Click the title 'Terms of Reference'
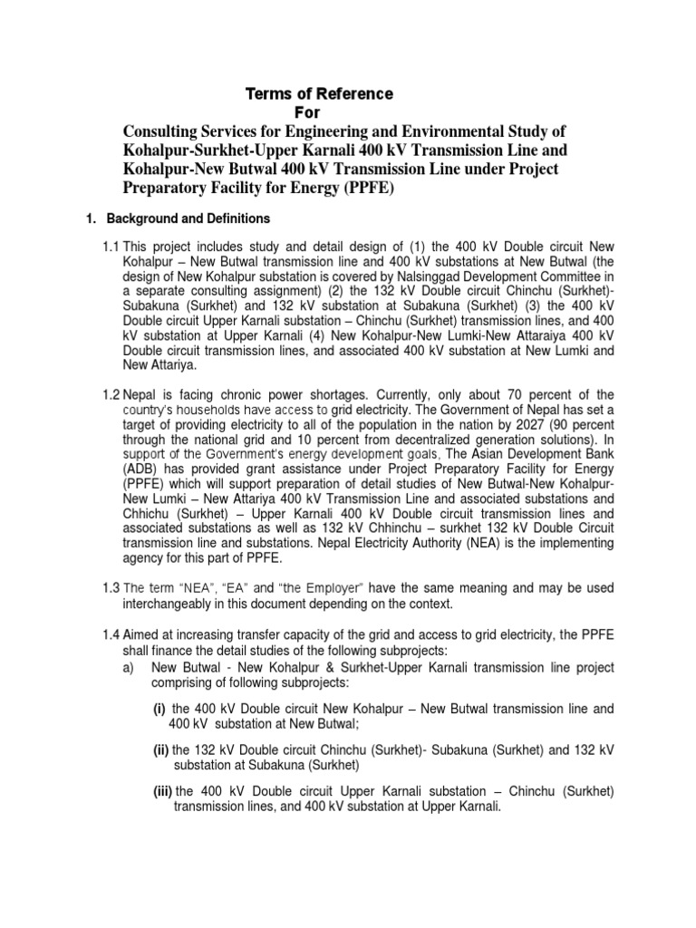tap(320, 93)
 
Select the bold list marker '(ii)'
tap(160, 749)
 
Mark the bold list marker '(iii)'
tap(162, 791)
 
